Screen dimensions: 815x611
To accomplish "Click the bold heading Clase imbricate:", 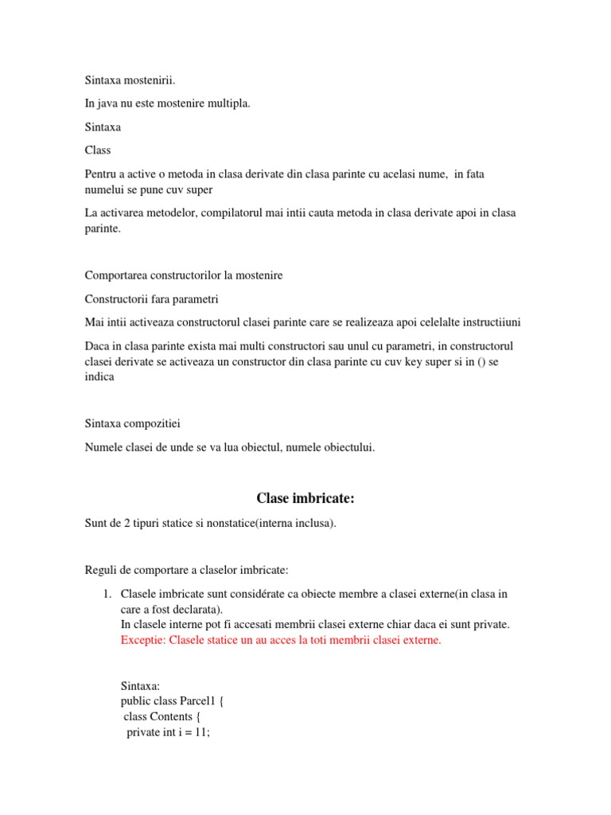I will tap(305, 498).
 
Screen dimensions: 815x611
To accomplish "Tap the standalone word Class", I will tap(98, 150).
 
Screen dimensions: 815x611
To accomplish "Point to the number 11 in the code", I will tap(201, 732).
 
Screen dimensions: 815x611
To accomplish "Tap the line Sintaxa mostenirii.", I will tap(130, 80).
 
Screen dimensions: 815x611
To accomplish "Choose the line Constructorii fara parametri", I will tap(151, 298).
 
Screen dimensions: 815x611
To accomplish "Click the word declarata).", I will tap(193, 609).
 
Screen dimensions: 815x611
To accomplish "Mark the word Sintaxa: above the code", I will tap(140, 685).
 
